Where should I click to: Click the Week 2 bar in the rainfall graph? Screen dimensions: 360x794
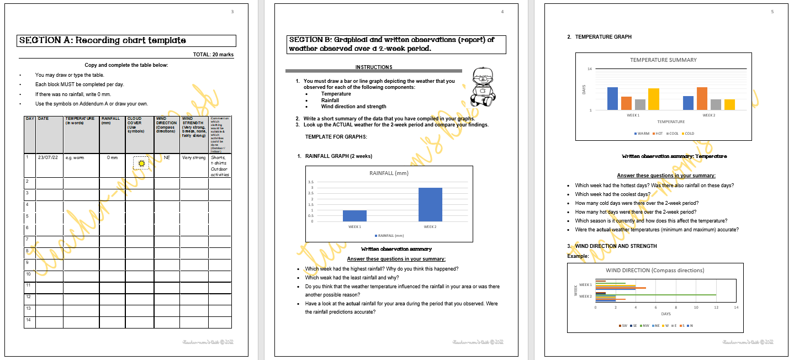(430, 204)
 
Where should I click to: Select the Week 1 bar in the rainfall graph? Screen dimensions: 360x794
(354, 215)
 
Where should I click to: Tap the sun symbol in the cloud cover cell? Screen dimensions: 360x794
(141, 163)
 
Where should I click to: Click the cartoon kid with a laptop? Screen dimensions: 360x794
(483, 88)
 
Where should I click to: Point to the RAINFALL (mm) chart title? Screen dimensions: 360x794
(389, 173)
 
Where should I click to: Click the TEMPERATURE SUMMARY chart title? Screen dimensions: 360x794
(663, 60)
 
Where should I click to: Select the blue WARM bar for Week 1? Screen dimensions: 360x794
(612, 98)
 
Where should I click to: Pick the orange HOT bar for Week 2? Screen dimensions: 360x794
(702, 98)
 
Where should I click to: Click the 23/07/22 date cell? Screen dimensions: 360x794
(48, 157)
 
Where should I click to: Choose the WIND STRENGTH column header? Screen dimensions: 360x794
(194, 128)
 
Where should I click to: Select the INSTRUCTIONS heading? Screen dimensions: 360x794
(374, 67)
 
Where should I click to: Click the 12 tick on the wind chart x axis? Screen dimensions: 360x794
(716, 307)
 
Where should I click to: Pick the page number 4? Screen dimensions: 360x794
(502, 12)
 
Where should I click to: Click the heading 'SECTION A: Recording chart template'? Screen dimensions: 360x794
(103, 40)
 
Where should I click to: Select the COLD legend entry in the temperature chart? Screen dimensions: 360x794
(687, 134)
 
